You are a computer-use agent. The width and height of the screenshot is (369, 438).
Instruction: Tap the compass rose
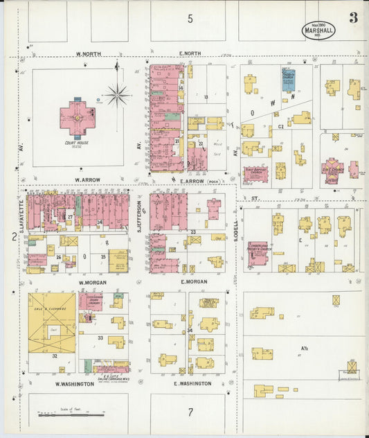118,95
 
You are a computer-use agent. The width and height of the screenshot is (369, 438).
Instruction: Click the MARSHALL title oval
319,30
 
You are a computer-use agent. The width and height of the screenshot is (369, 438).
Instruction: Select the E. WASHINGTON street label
192,383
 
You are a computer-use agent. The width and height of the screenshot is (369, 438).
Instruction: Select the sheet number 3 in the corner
353,18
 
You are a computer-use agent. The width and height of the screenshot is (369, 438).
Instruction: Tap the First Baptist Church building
255,173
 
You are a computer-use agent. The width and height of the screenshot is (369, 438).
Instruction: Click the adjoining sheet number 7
190,412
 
